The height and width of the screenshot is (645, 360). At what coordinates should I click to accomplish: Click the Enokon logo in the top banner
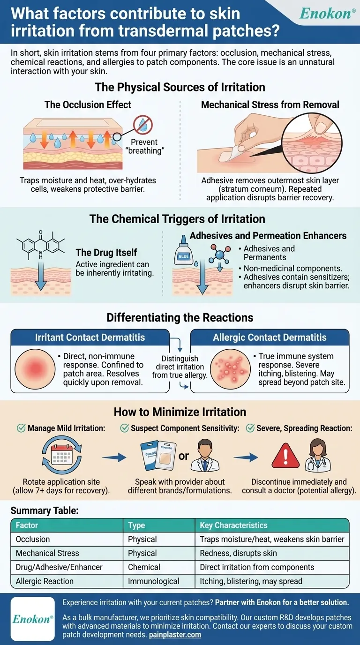[x=327, y=13]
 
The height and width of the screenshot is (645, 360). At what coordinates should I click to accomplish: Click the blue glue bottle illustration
[x=183, y=256]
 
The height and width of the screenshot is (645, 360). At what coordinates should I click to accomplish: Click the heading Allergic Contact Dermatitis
[x=270, y=337]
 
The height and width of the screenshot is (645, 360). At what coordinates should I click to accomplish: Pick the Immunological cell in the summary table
[x=154, y=581]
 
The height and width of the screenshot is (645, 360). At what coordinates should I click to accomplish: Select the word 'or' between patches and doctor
[x=184, y=455]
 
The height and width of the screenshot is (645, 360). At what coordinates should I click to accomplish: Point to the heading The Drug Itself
[x=106, y=253]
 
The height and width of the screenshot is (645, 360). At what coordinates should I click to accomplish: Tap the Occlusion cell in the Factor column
[x=33, y=539]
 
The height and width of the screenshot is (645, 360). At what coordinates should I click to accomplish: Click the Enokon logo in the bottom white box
[x=33, y=619]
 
